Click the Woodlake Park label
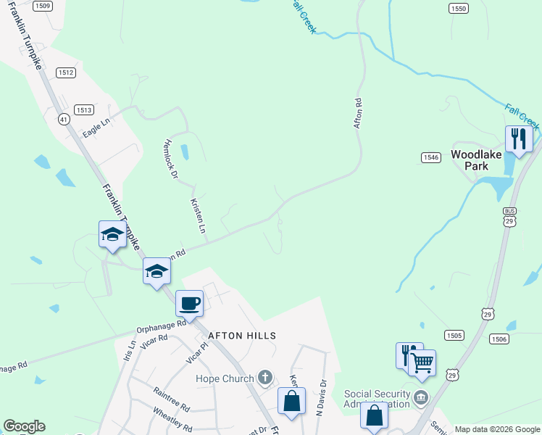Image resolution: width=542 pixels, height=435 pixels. click(477, 159)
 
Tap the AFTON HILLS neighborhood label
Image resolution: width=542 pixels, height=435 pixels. click(242, 336)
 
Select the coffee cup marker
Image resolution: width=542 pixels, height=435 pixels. click(190, 304)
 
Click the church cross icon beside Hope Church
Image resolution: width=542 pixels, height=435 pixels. click(265, 378)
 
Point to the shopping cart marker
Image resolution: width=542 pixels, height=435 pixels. click(422, 360)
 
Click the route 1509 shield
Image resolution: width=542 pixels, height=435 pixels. click(43, 6)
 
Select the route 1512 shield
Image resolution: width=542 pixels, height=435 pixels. click(66, 72)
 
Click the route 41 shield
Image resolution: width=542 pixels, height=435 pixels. click(64, 120)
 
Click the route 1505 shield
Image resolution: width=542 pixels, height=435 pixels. click(455, 335)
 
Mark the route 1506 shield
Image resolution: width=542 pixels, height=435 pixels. click(499, 339)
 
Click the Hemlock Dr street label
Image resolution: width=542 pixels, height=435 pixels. click(171, 158)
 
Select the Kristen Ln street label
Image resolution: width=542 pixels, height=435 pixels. click(199, 220)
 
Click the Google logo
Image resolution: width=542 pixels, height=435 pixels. click(24, 426)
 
